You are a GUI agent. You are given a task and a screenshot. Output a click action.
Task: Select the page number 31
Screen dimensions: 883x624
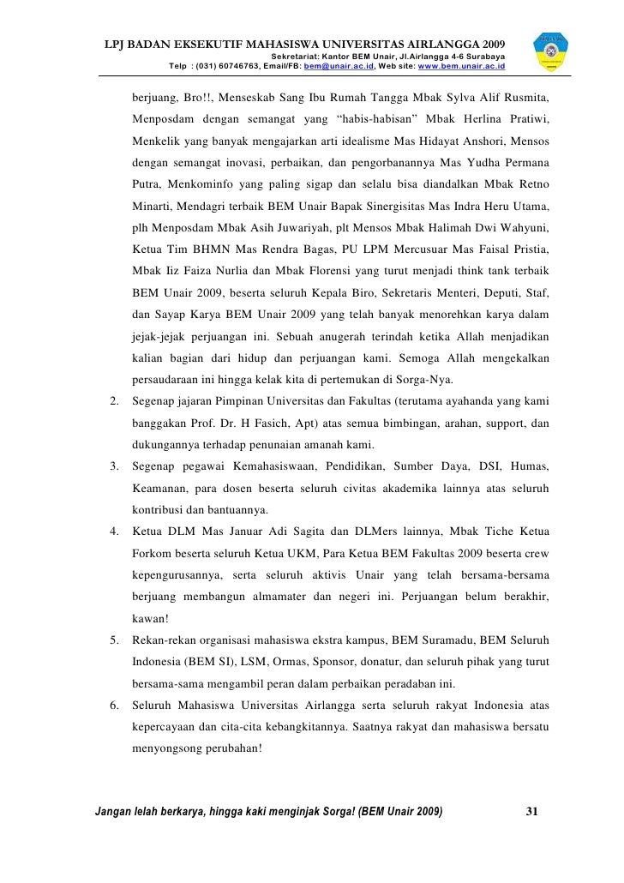click(x=531, y=813)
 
